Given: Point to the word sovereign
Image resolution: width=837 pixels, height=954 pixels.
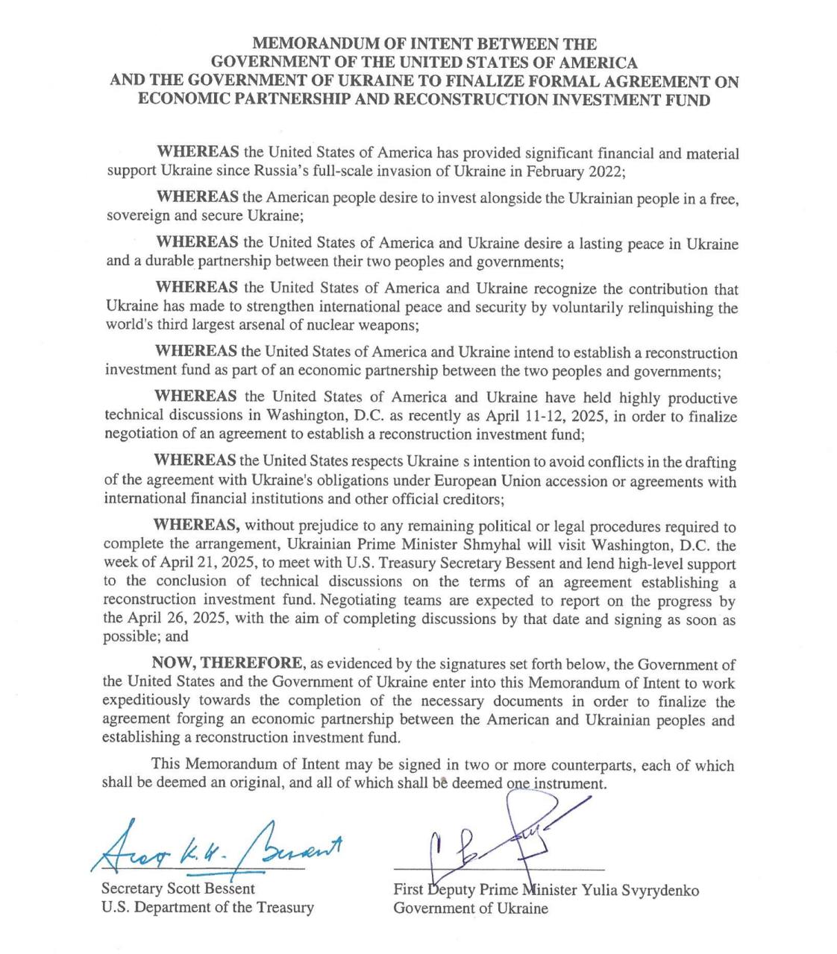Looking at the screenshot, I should [x=136, y=217].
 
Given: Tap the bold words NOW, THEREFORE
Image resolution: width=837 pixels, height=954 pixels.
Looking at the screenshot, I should [x=228, y=663].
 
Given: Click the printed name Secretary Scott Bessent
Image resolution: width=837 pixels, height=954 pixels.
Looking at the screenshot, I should [x=178, y=889].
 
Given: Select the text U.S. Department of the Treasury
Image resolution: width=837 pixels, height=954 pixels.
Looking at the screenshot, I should [x=207, y=908].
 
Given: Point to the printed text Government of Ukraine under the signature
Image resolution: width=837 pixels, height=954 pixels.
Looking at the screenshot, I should [x=471, y=909].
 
